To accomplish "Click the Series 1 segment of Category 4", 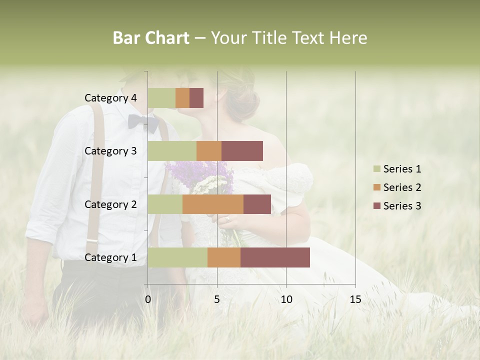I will coord(161,98).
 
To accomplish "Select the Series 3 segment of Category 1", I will coord(275,257).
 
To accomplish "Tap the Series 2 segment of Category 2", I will coord(213,204).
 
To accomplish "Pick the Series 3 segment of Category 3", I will coord(242,151).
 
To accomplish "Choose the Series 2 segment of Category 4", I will coord(182,98).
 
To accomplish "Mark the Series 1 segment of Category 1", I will coord(177,257).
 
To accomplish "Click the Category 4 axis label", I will coord(110,98).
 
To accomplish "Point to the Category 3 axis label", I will coord(110,151).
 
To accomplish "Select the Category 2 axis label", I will coord(110,204).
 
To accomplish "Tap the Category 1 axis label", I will coord(110,257).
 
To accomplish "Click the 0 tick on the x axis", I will coord(148,299).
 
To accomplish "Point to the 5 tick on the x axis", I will coord(217,299).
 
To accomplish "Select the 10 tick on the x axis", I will coord(286,299).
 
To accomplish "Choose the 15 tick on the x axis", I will coord(355,299).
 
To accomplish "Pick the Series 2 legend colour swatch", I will coord(376,187).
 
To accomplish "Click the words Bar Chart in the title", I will coord(151,38).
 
